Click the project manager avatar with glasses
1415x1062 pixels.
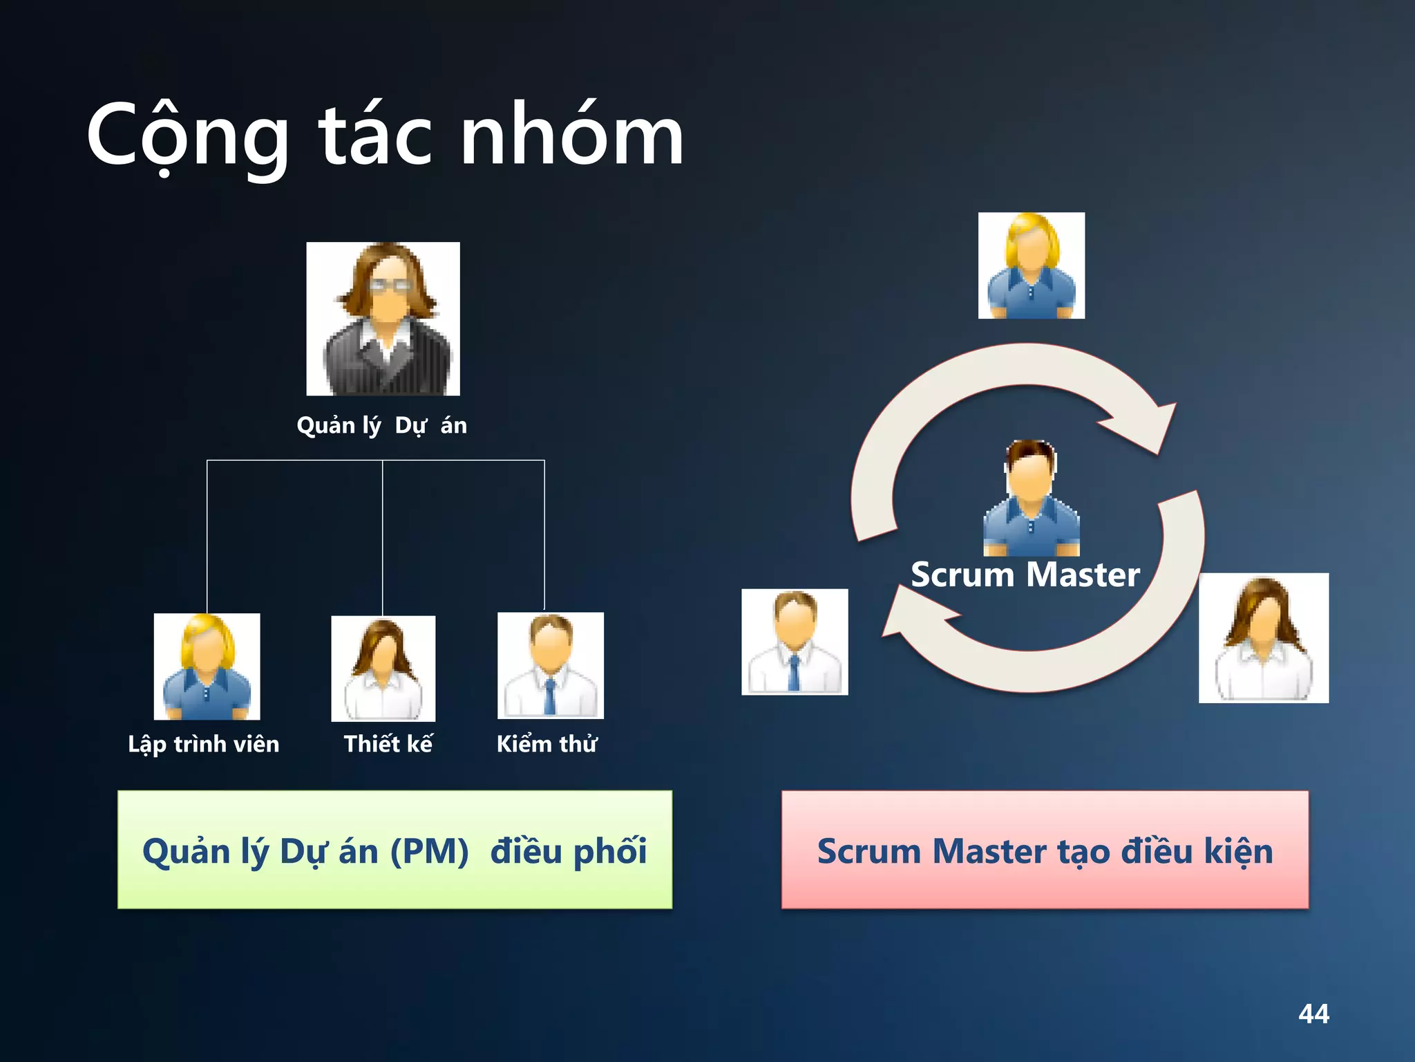click(x=383, y=319)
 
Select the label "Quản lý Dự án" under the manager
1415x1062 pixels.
click(x=381, y=425)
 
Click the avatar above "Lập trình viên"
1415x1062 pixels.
click(x=207, y=667)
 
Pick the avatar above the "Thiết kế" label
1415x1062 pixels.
click(x=383, y=669)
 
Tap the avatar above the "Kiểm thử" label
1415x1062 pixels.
click(x=550, y=665)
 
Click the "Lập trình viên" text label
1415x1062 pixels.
click(x=204, y=744)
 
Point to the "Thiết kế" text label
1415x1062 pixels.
click(x=388, y=744)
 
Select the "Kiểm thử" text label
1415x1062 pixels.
click(x=547, y=744)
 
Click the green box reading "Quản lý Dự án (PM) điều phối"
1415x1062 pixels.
click(x=395, y=850)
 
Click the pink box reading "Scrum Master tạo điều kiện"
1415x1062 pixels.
click(x=1045, y=850)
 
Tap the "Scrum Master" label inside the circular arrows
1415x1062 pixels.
click(x=1025, y=575)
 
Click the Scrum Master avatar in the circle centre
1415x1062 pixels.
click(x=1031, y=498)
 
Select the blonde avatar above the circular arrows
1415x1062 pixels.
click(x=1031, y=265)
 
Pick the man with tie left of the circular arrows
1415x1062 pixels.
click(x=795, y=642)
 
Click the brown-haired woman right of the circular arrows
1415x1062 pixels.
click(x=1263, y=637)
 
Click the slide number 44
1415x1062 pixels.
click(x=1313, y=1014)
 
